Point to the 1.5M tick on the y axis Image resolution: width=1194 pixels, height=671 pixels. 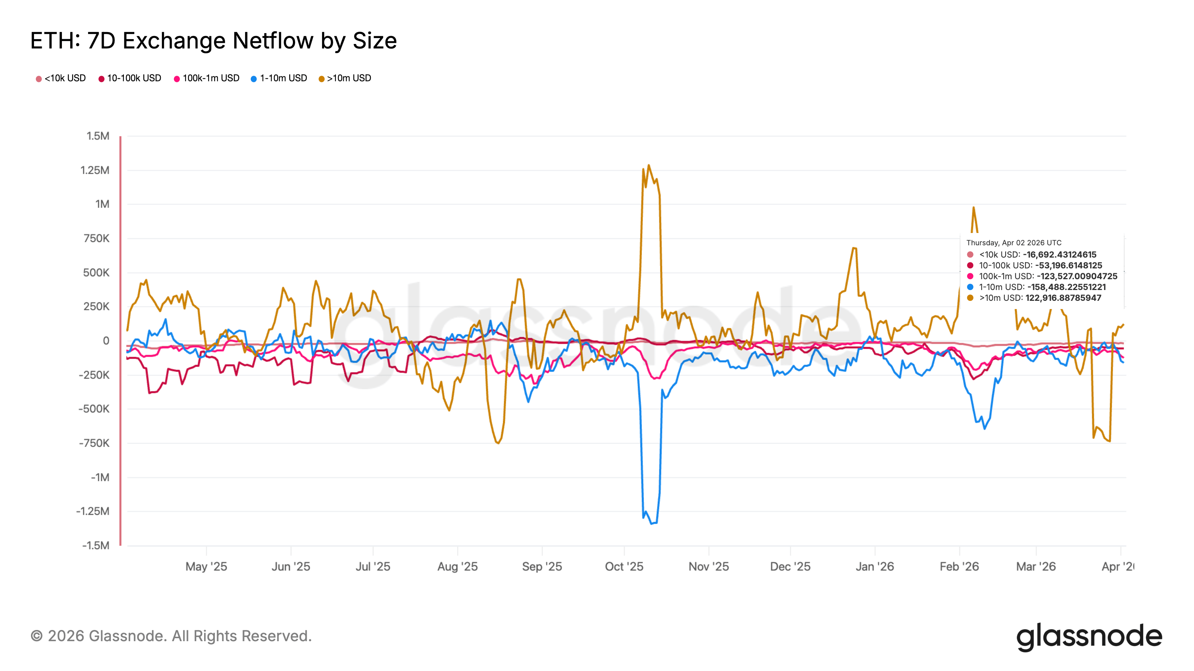pyautogui.click(x=98, y=136)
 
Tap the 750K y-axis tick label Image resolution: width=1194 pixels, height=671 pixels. pyautogui.click(x=96, y=239)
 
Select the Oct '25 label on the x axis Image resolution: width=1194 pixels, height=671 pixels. pyautogui.click(x=624, y=566)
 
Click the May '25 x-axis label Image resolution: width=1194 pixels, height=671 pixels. pyautogui.click(x=206, y=566)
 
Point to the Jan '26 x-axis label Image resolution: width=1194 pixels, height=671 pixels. pyautogui.click(x=875, y=566)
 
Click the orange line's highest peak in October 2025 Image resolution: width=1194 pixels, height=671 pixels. pyautogui.click(x=648, y=165)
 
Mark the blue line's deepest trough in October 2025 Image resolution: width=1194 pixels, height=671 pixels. pyautogui.click(x=652, y=524)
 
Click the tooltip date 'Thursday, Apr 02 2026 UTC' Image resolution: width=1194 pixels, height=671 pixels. pyautogui.click(x=1014, y=243)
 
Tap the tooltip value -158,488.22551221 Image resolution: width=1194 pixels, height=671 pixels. pyautogui.click(x=1066, y=287)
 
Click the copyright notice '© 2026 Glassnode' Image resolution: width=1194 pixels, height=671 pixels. pyautogui.click(x=171, y=636)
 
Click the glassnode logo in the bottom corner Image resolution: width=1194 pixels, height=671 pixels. pyautogui.click(x=1089, y=637)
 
